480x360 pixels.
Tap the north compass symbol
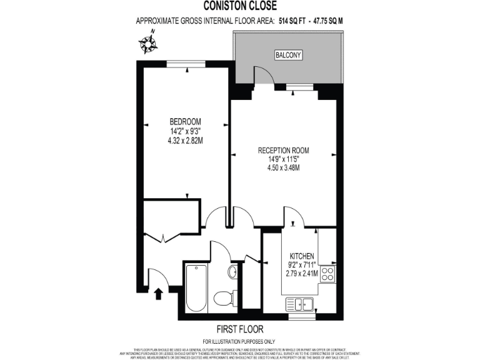[148, 43]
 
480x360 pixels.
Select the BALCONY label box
[288, 56]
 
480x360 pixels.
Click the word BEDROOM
[185, 121]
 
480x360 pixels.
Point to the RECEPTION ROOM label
[284, 151]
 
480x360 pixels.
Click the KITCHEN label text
[301, 256]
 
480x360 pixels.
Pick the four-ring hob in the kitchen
[328, 273]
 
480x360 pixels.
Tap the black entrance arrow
[159, 292]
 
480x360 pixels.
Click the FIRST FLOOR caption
[239, 329]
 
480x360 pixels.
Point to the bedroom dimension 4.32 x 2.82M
[185, 141]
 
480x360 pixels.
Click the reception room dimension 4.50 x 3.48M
[284, 167]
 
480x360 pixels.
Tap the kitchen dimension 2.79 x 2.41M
[301, 273]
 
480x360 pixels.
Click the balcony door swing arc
[266, 75]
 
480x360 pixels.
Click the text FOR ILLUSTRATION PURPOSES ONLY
[239, 341]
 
